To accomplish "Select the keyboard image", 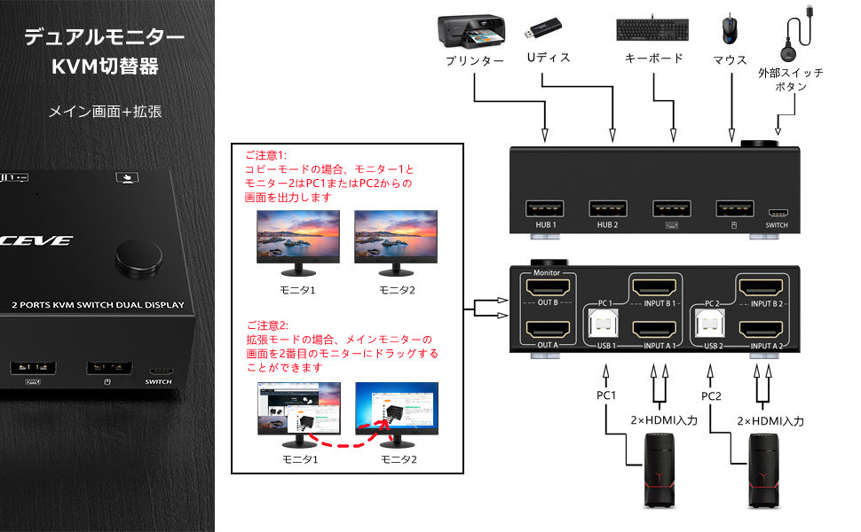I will pos(652,28).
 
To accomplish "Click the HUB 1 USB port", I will pos(543,209).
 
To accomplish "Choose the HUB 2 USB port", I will pos(607,209).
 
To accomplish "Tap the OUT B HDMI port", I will pos(547,289).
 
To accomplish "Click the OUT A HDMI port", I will pos(547,332).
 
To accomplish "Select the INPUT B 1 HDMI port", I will pos(656,286).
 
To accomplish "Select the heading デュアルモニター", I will pos(104,37).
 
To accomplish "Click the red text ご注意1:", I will pos(265,153).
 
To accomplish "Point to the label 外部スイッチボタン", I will pos(790,80).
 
